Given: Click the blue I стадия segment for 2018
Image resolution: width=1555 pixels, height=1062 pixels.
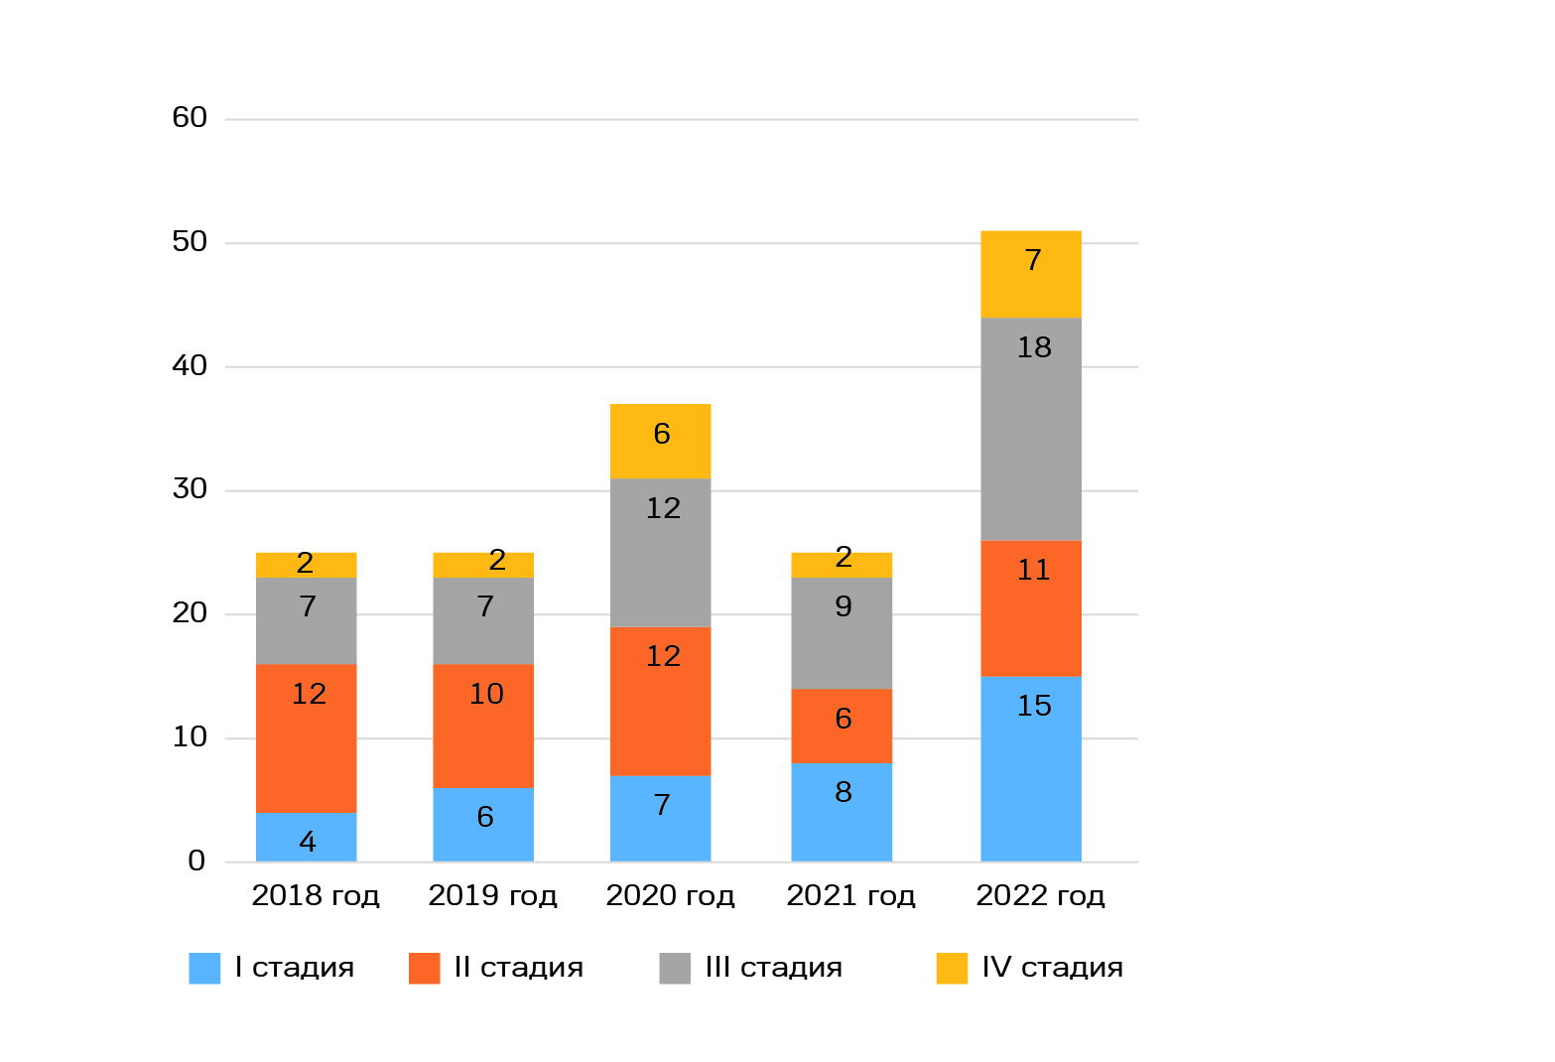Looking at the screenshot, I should [306, 837].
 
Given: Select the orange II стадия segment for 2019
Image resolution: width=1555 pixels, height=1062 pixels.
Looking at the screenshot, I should [483, 726].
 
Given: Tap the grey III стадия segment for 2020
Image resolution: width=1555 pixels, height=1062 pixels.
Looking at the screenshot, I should [660, 552].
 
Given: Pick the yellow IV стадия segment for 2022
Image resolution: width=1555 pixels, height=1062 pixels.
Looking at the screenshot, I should [1031, 274].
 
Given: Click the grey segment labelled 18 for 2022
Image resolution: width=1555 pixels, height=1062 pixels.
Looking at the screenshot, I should [1031, 429].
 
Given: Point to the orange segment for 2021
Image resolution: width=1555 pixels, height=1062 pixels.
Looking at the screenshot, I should [842, 726].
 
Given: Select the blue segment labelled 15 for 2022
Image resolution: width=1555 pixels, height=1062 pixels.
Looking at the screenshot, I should [1031, 768].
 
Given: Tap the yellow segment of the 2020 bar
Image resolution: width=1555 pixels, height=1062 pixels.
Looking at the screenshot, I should [660, 441].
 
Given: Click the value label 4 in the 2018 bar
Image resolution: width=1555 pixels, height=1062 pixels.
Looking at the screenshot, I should [308, 842].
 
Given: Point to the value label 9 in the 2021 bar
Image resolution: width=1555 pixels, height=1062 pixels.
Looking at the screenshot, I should [843, 606].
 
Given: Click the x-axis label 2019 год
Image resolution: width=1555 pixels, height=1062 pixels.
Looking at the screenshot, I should [492, 895].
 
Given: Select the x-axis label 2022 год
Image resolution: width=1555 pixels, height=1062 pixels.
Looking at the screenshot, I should [1040, 895].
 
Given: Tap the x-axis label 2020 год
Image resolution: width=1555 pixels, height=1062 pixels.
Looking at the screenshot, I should [670, 895].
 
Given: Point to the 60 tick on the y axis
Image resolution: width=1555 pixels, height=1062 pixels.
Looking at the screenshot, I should [190, 118].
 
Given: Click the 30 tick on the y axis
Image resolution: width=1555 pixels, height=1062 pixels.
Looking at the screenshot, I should [190, 489].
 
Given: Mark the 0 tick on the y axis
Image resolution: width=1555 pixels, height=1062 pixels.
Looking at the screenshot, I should [196, 861].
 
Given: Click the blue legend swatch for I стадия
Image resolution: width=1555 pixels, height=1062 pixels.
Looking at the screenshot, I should [204, 968].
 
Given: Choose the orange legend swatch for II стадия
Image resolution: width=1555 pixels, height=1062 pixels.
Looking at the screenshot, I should [424, 968].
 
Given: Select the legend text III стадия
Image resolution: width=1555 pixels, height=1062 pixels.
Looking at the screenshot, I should [773, 968].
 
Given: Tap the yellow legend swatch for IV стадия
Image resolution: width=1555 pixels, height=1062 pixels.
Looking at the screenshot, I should [952, 968].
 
